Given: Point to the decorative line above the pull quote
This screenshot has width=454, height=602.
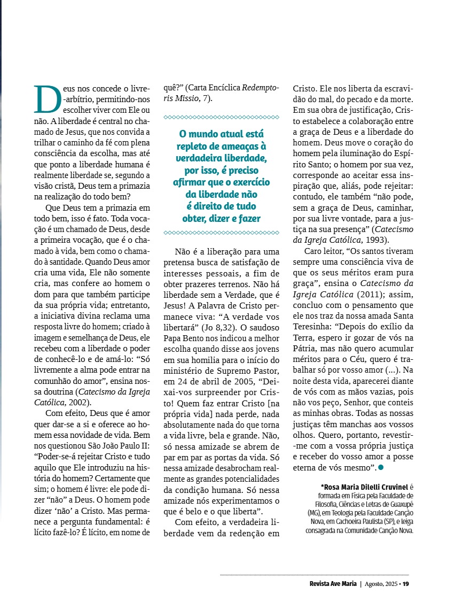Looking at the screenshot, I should (221, 117).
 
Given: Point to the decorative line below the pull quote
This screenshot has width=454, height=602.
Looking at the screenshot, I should (221, 233).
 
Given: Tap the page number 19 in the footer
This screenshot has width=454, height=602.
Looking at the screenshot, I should (406, 583).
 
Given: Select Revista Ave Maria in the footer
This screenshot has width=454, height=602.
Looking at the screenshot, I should (333, 583).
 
